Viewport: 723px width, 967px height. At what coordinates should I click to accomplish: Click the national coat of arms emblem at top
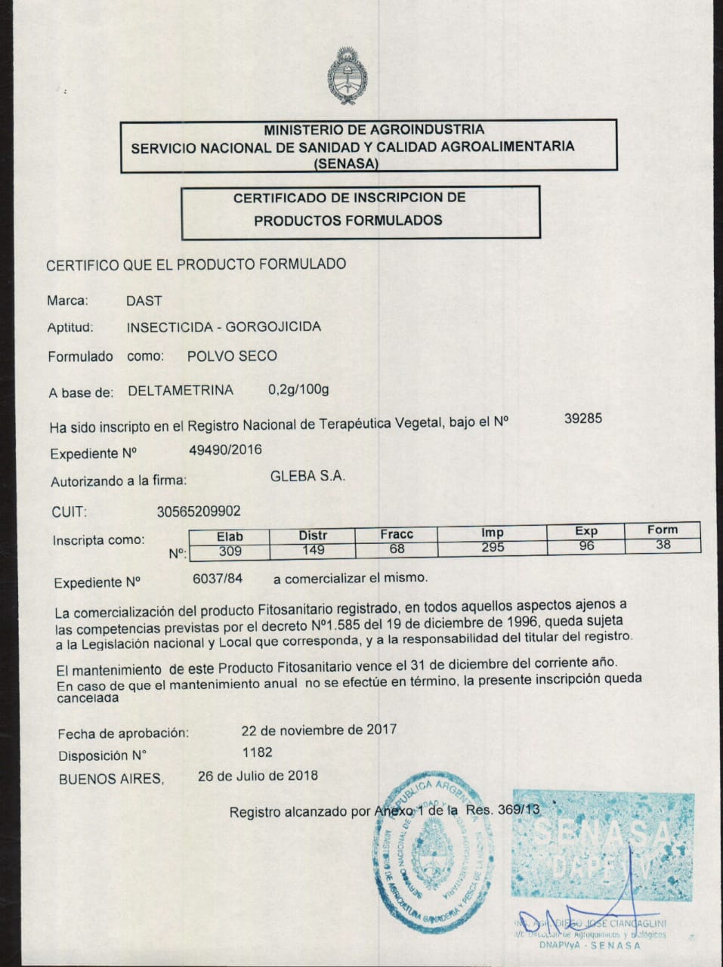347,76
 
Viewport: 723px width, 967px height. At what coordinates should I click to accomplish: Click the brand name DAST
144,301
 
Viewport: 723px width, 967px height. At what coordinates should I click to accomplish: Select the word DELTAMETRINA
181,391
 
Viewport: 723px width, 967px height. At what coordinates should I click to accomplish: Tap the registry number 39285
582,418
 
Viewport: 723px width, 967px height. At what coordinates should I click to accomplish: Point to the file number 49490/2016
225,450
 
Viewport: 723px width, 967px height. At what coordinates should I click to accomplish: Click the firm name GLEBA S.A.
307,476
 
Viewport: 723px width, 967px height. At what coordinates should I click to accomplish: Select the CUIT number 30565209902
199,511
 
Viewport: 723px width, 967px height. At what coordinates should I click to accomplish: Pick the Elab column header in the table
230,536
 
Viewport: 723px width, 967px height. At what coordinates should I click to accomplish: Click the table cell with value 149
313,550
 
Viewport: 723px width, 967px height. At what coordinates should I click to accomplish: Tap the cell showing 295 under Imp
493,547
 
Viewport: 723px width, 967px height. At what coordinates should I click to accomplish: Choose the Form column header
663,530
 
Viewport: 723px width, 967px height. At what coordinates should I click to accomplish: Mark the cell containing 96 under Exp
586,545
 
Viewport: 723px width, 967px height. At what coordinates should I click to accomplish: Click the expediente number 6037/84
218,579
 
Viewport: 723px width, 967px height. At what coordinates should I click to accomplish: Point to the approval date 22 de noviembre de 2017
319,730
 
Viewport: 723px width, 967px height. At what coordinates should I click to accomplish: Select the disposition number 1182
257,752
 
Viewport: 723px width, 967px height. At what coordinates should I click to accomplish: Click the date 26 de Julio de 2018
258,776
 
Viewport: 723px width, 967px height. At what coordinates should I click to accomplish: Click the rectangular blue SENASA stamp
602,846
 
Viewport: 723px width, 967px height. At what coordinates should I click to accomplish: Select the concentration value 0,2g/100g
298,390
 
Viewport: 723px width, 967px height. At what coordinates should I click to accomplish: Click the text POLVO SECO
232,356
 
